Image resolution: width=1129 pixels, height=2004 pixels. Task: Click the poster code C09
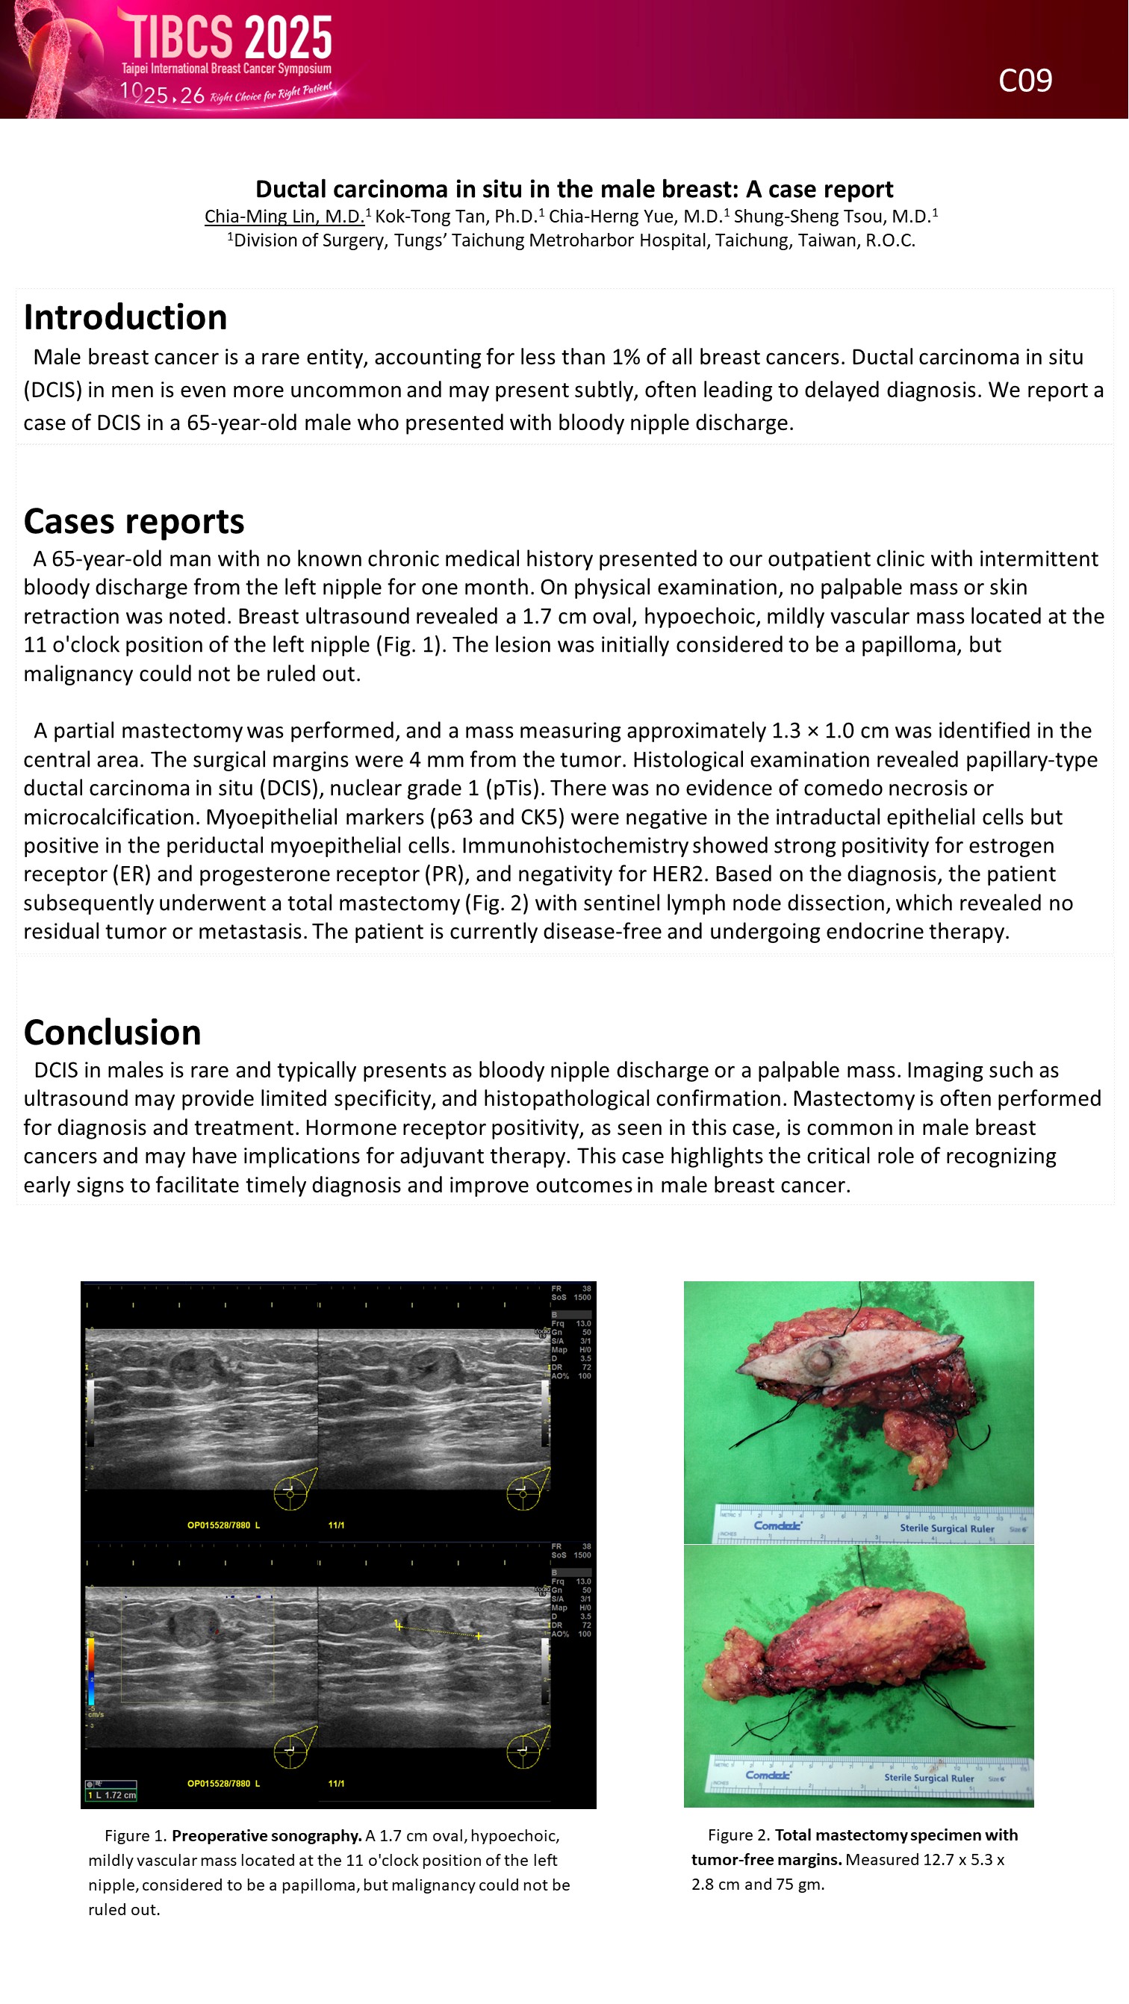pos(1024,80)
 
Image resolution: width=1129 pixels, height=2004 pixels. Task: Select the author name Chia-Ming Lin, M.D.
pos(284,217)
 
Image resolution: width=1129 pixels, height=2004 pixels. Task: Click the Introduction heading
pos(125,317)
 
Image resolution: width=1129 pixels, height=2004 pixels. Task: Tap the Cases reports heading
pos(134,521)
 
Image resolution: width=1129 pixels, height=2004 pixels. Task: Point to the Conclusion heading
pos(113,1033)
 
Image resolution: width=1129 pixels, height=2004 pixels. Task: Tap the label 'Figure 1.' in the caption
pos(135,1836)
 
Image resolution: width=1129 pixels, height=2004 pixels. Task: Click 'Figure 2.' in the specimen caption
pos(738,1835)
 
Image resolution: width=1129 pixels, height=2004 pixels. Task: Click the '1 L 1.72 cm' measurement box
pos(111,1796)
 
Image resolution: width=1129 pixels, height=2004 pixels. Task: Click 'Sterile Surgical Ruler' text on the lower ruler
pos(928,1779)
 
